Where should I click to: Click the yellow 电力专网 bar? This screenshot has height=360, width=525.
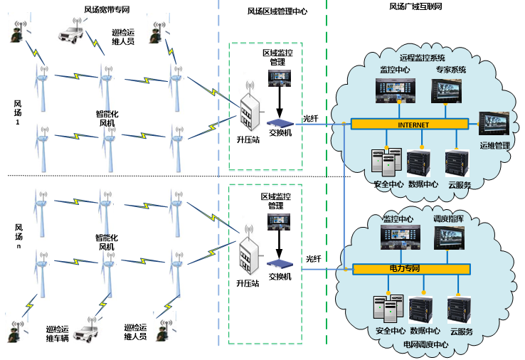[411, 270]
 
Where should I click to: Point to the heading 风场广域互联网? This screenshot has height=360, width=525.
[416, 7]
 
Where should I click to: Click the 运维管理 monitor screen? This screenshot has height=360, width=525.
[495, 127]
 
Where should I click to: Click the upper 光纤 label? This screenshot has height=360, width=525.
[312, 119]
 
